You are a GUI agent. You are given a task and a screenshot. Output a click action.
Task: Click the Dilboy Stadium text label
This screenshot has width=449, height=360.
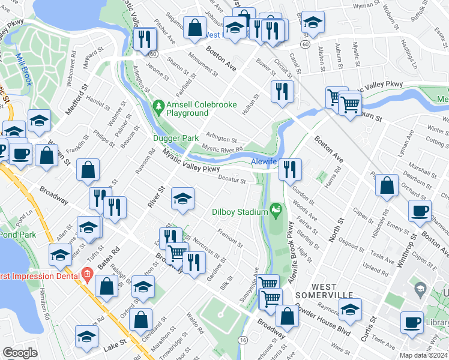240,211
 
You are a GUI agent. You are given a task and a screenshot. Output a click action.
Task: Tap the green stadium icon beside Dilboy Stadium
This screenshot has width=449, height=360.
276,210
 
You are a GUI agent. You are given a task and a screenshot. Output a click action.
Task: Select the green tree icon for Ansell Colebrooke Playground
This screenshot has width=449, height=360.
158,106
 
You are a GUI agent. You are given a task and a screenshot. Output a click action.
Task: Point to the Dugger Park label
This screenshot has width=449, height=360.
182,138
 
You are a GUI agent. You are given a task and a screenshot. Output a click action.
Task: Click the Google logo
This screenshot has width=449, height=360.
20,353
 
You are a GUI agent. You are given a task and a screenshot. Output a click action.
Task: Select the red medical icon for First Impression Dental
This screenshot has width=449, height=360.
87,276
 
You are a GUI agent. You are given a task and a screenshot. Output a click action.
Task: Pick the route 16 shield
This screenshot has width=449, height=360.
243,340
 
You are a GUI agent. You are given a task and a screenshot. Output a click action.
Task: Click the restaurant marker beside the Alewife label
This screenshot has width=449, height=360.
290,169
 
